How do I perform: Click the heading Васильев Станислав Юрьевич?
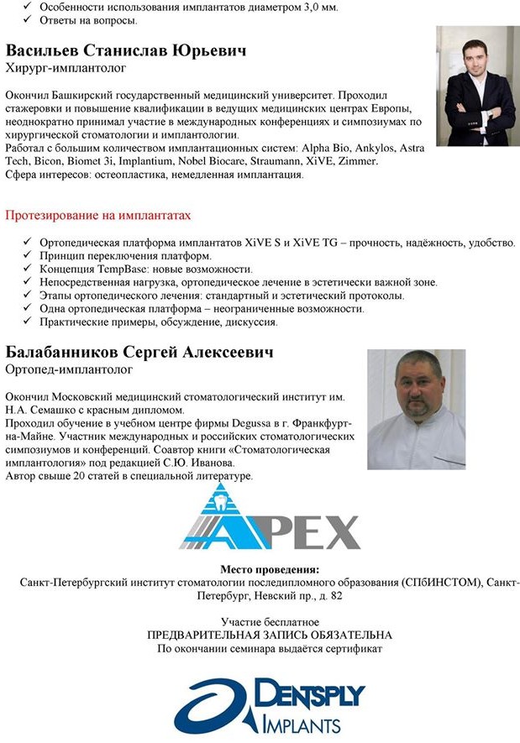click(x=126, y=51)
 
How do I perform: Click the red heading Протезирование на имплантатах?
click(x=98, y=216)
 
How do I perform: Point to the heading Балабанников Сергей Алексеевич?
click(x=139, y=353)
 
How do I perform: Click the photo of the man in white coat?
click(x=416, y=409)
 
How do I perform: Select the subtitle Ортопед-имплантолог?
click(x=69, y=369)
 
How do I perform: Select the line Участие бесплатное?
click(x=269, y=622)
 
